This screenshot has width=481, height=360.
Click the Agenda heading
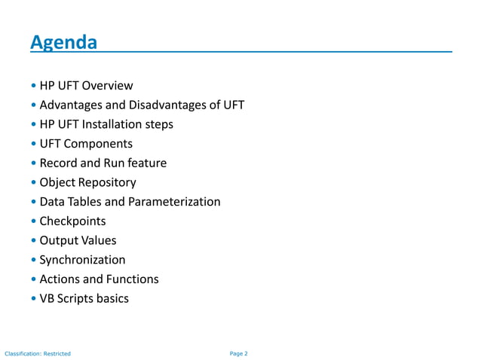(x=63, y=43)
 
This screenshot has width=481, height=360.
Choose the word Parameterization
(x=175, y=202)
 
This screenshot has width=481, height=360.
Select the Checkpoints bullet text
(x=72, y=221)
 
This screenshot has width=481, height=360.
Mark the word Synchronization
(x=82, y=260)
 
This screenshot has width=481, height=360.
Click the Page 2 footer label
(x=238, y=352)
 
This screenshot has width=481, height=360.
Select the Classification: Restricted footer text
(x=38, y=352)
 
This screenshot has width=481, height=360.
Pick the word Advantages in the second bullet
(x=72, y=105)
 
